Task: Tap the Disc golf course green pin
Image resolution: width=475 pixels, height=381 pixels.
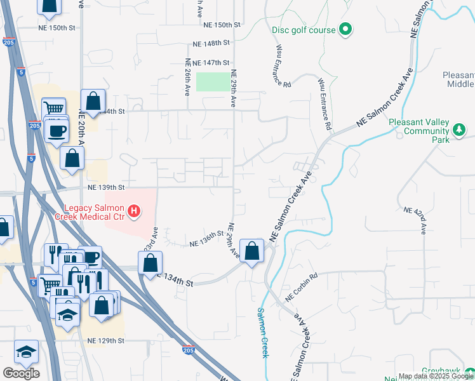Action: pos(345,29)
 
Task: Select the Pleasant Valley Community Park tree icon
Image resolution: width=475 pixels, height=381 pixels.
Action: pos(459,130)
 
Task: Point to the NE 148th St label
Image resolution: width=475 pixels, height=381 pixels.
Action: pos(211,44)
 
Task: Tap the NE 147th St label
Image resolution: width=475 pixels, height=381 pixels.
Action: pos(211,63)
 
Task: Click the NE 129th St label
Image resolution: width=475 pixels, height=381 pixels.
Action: pos(106,341)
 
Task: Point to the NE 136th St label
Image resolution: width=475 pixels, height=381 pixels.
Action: pos(208,241)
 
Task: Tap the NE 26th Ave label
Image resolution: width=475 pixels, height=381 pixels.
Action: pos(188,77)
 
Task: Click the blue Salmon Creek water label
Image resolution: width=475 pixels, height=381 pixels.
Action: pos(263,333)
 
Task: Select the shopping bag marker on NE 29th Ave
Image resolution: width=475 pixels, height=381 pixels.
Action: pos(252,250)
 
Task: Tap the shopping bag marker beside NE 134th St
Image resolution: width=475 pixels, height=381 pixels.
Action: pos(151,262)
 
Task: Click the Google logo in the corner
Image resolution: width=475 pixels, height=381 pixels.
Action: pos(21,373)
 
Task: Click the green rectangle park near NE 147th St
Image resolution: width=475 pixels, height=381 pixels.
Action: pos(213,82)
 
